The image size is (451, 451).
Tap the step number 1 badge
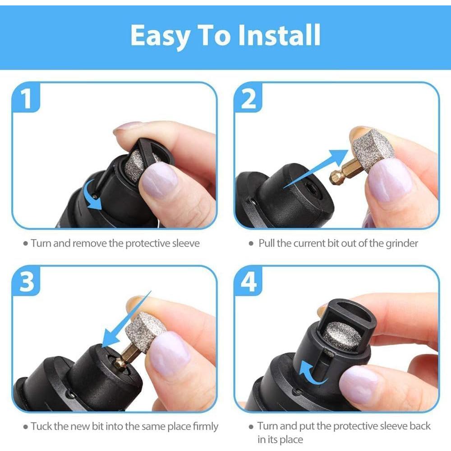[28, 99]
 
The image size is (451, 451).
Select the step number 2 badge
[249, 99]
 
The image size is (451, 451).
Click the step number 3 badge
[28, 282]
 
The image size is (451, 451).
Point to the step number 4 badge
[249, 282]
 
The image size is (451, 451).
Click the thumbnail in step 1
[159, 180]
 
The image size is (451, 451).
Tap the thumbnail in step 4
[359, 383]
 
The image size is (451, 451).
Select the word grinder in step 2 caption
[401, 244]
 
